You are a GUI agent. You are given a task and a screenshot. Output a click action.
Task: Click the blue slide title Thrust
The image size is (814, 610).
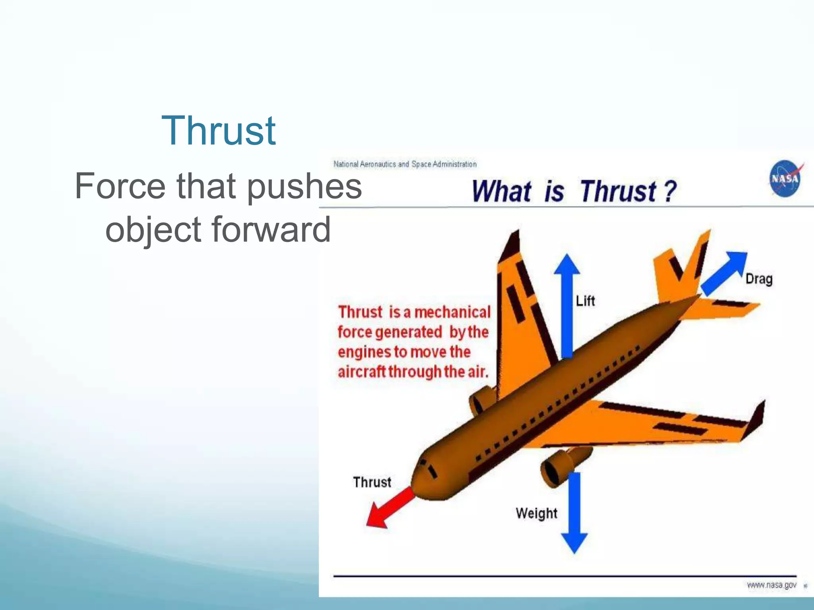point(218,131)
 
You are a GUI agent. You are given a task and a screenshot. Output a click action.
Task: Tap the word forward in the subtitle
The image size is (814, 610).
point(271,230)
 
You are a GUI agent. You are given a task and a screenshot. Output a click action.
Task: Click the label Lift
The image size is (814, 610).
point(585,301)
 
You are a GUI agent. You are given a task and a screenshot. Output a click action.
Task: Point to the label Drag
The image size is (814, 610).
point(758,279)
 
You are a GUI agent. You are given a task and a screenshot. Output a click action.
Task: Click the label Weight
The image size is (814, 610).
point(536,513)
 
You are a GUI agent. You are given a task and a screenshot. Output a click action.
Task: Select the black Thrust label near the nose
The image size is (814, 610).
point(372,482)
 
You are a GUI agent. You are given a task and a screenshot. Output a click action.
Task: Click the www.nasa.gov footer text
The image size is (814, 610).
point(771,585)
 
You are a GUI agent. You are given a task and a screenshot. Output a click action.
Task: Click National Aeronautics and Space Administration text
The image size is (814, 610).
point(405,164)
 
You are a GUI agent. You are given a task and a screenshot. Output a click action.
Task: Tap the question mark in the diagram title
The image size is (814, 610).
point(669,191)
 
